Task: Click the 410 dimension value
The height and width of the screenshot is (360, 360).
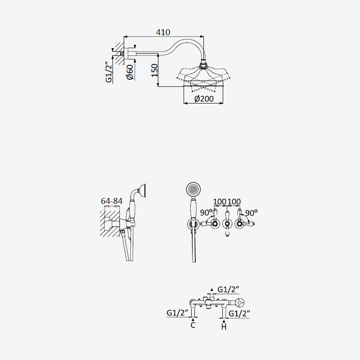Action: tap(163, 32)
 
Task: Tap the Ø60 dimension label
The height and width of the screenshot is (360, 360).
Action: tap(130, 72)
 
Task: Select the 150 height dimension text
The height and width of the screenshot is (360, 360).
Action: tap(155, 71)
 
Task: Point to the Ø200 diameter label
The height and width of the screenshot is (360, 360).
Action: tap(204, 99)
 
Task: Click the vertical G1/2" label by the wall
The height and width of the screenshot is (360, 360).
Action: tap(108, 72)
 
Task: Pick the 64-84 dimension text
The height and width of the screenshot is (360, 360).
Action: tap(112, 201)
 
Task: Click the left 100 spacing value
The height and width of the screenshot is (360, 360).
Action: tap(220, 202)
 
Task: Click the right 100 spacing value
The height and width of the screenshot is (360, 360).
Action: tap(234, 202)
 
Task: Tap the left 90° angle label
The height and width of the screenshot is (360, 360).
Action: tap(206, 212)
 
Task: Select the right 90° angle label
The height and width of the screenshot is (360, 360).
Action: tap(251, 213)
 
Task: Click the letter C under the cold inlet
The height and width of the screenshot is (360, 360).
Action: tap(193, 325)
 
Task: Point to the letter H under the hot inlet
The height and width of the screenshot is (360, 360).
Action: tap(224, 327)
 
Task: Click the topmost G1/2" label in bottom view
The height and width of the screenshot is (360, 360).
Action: tap(228, 289)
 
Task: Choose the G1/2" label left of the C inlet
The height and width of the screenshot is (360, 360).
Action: tap(177, 313)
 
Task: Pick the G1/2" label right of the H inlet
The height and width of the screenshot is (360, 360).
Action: tap(239, 313)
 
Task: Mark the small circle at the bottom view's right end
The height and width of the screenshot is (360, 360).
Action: tap(239, 303)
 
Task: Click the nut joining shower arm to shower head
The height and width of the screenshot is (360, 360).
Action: tap(203, 62)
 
